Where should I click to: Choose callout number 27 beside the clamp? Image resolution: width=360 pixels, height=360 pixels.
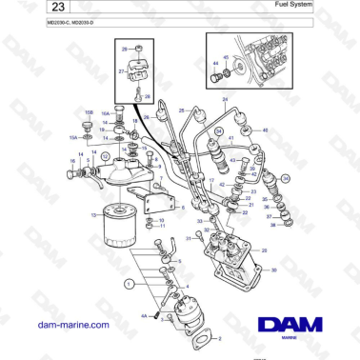click(121, 70)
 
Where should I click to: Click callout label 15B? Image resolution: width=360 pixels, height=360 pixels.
click(89, 113)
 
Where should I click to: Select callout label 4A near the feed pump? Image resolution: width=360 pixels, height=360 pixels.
click(144, 315)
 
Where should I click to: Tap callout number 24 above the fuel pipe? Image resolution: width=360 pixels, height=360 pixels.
click(226, 99)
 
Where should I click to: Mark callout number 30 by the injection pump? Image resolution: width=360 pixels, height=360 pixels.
click(274, 270)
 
